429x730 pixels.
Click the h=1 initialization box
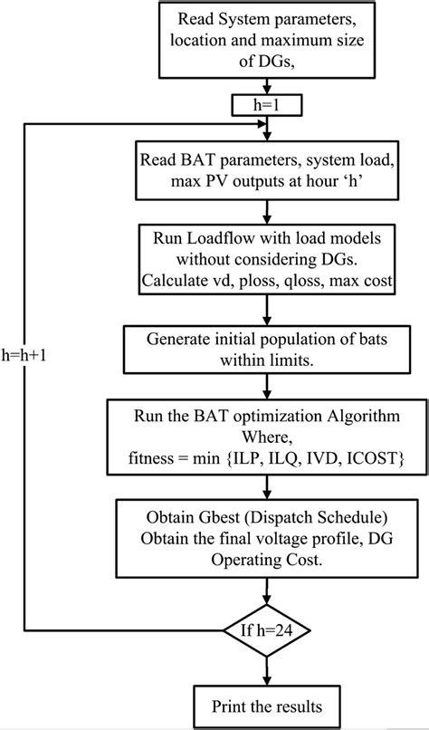click(x=263, y=105)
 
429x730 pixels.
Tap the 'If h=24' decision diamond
click(x=264, y=629)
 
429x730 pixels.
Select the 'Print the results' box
click(x=263, y=705)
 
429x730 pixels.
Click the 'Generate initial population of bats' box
click(x=263, y=348)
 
